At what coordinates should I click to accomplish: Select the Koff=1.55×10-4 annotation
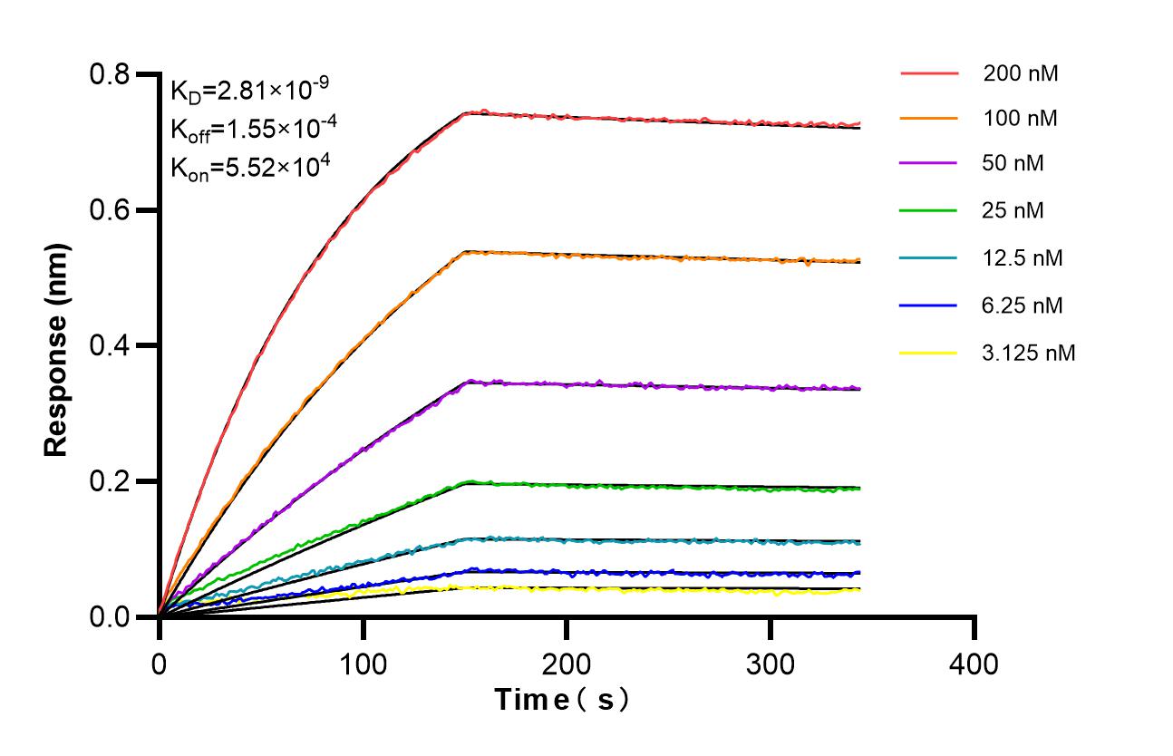(x=254, y=130)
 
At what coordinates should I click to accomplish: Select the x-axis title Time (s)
(x=561, y=700)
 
